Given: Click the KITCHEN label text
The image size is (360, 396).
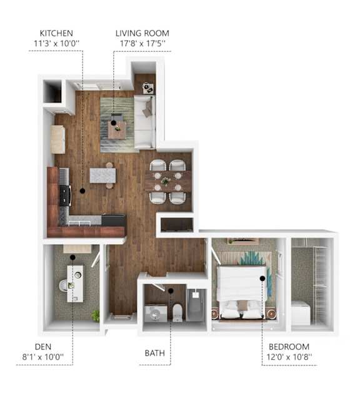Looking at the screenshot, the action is (x=56, y=33).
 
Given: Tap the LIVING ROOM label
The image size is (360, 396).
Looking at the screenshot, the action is (x=142, y=33).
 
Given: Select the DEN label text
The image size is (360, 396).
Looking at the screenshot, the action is (x=43, y=347).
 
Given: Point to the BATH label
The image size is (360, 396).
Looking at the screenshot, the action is (x=155, y=353).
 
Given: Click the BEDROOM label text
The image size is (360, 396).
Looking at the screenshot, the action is (x=289, y=347).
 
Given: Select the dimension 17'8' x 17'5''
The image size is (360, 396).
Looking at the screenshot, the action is (x=142, y=43).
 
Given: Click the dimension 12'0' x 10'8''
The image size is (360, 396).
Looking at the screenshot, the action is (x=289, y=357).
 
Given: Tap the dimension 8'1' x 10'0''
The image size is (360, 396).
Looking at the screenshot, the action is (x=43, y=357).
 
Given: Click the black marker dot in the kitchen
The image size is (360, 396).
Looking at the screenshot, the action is (x=82, y=191).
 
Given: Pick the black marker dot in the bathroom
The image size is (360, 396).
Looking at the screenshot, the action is (x=171, y=291).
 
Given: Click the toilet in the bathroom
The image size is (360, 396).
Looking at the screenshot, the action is (x=177, y=312).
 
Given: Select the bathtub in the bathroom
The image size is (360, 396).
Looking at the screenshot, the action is (x=196, y=305).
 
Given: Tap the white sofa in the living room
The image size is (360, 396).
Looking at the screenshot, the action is (x=144, y=122).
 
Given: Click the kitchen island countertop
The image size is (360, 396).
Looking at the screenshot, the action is (x=103, y=176).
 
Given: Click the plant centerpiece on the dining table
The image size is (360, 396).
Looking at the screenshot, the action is (x=166, y=181).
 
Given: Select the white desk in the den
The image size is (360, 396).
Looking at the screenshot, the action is (x=75, y=283).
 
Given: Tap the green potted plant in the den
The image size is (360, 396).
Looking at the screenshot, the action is (x=96, y=316).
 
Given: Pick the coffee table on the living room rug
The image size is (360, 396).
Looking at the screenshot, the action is (x=117, y=130).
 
